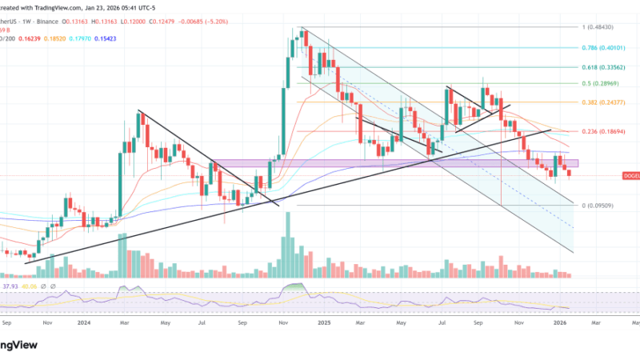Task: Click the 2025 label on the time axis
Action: tap(323, 324)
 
